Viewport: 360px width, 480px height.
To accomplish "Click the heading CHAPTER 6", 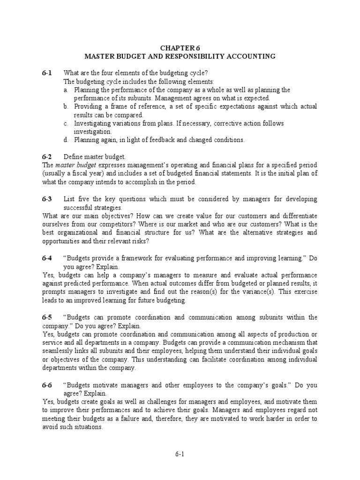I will click(x=180, y=48).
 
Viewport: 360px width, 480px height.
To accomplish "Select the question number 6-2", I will click(x=46, y=157).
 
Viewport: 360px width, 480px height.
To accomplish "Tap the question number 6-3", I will click(x=46, y=199).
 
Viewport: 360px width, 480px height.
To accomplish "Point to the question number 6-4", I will click(x=46, y=258).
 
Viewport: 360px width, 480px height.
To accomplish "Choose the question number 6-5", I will click(x=46, y=317).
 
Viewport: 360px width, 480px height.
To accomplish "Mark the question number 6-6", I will click(x=46, y=385).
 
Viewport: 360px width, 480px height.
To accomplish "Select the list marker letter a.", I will click(x=66, y=90).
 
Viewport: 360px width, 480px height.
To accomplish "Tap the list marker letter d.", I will click(x=66, y=140).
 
